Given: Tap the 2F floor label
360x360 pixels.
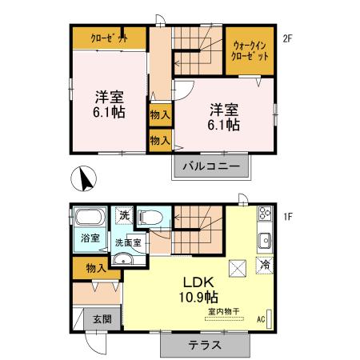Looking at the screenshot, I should pyautogui.click(x=287, y=38).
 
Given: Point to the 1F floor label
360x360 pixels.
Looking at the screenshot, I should pyautogui.click(x=287, y=217).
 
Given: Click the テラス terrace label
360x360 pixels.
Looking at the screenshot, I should pyautogui.click(x=204, y=346).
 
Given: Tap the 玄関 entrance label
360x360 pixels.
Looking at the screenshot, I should pyautogui.click(x=102, y=319).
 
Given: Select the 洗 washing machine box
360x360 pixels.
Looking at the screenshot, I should pyautogui.click(x=125, y=215).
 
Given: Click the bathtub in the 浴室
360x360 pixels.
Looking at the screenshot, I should pyautogui.click(x=89, y=218).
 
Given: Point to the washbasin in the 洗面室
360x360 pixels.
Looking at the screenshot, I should pyautogui.click(x=122, y=258).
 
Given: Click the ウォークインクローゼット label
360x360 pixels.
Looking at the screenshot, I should pyautogui.click(x=250, y=51).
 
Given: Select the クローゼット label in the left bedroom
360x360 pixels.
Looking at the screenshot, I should pyautogui.click(x=109, y=38).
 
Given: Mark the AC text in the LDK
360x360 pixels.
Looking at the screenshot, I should pyautogui.click(x=261, y=320).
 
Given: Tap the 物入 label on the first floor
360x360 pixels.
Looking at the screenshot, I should pyautogui.click(x=95, y=268).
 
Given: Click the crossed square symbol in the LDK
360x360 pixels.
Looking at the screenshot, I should pyautogui.click(x=237, y=268).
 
